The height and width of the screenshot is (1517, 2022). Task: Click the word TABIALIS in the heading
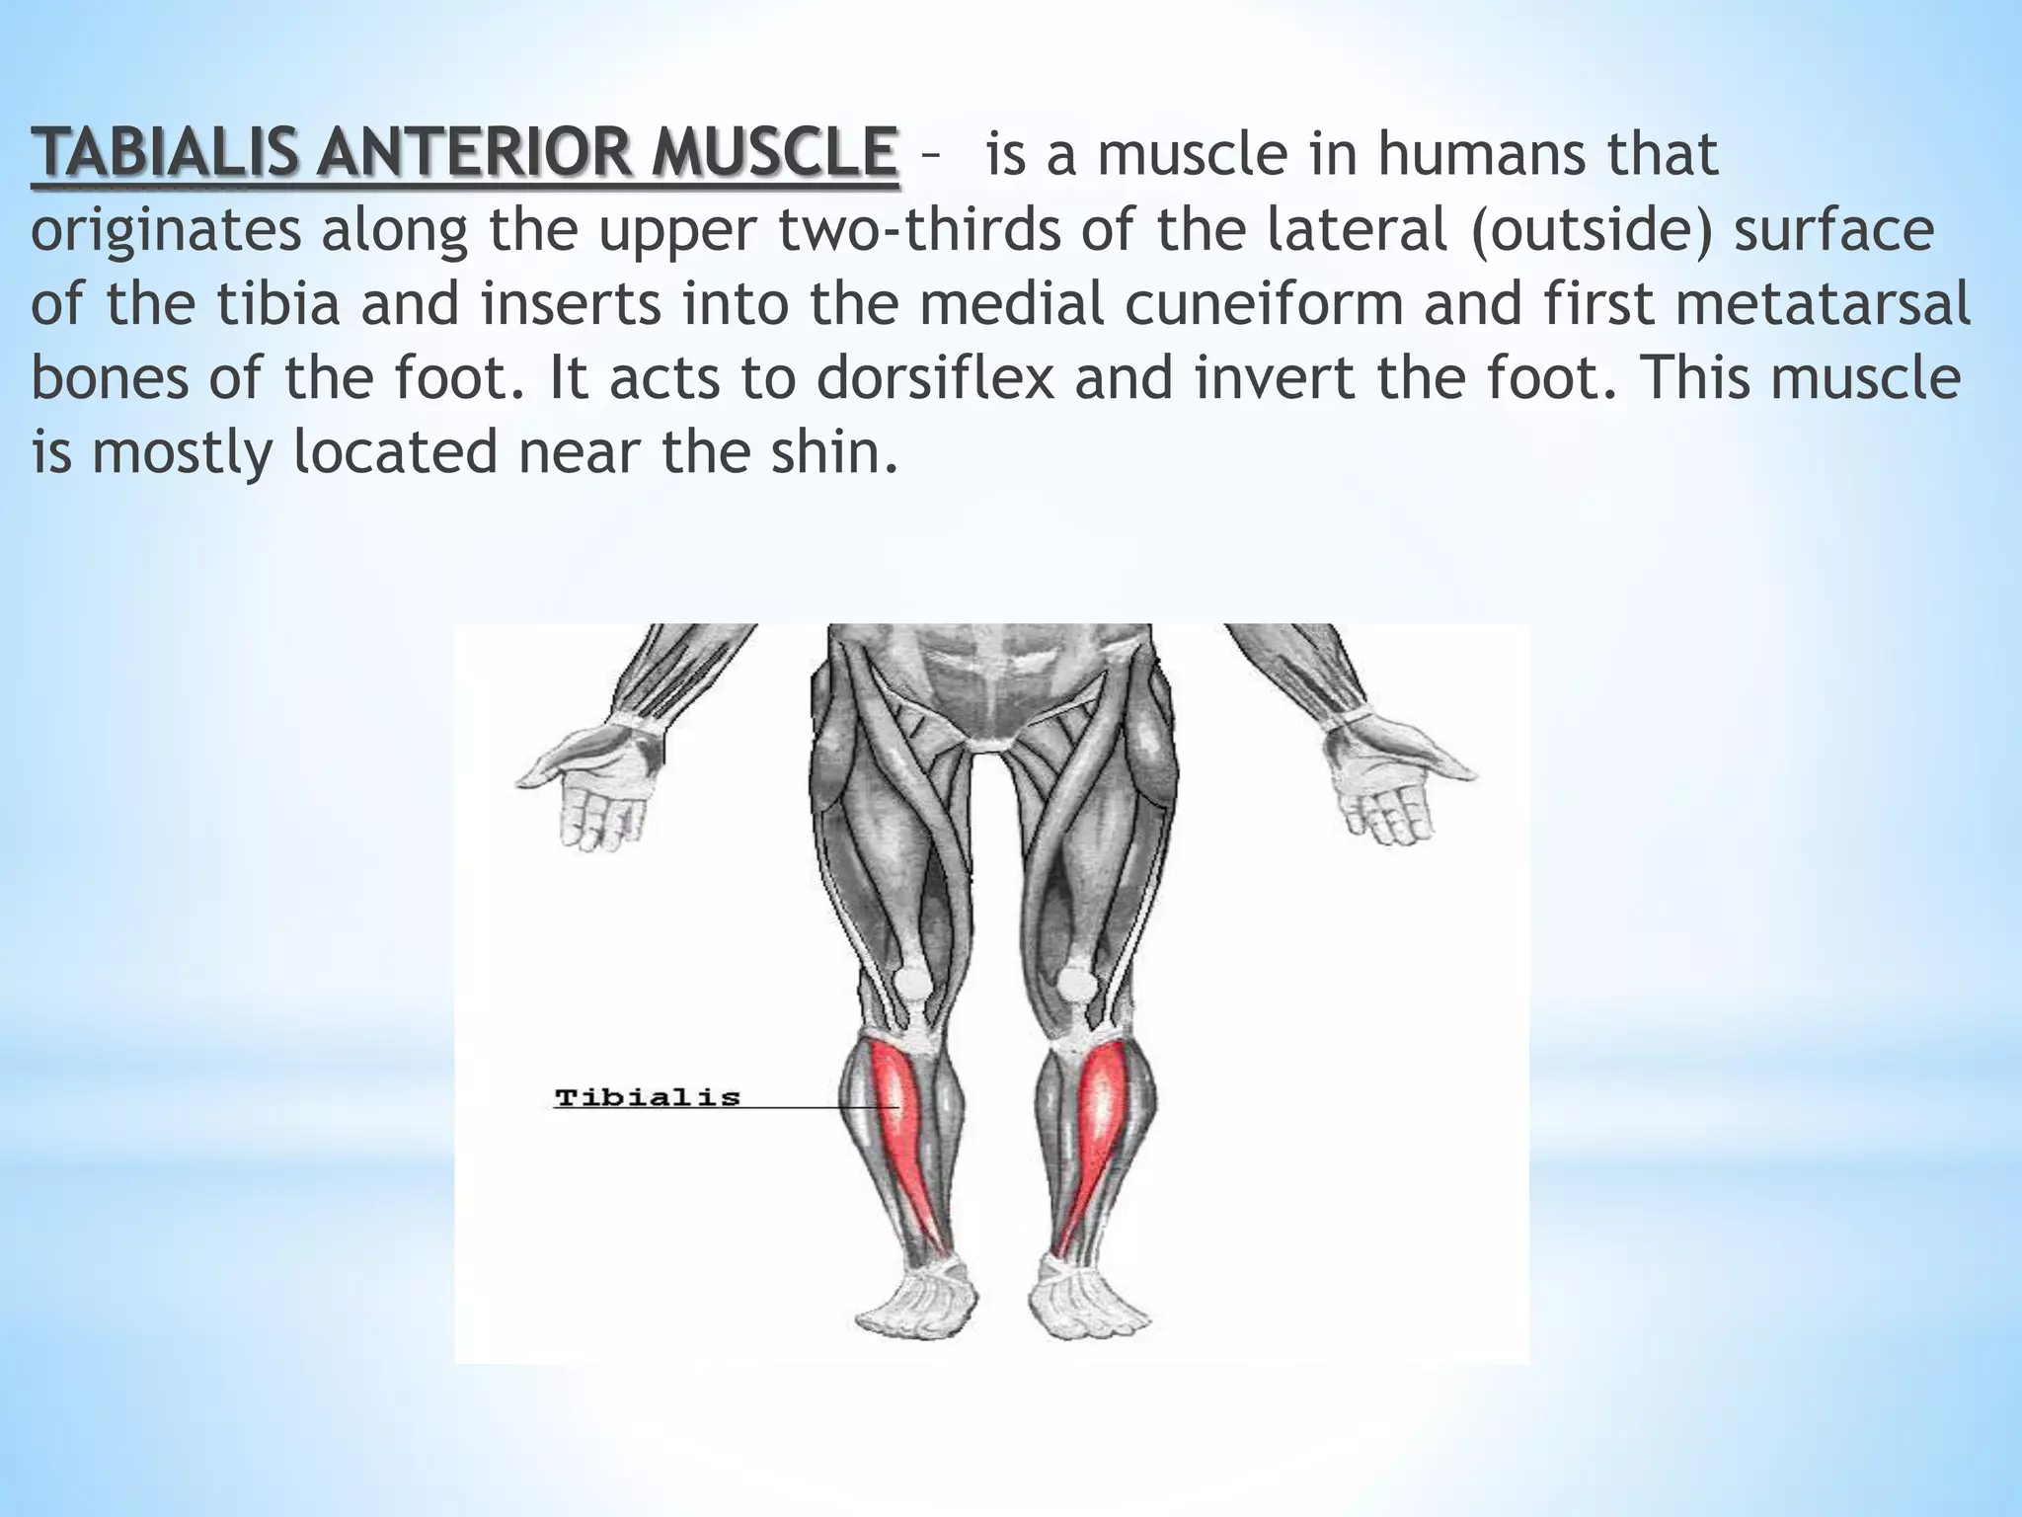[164, 155]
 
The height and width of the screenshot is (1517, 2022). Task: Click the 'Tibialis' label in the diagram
[647, 1097]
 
